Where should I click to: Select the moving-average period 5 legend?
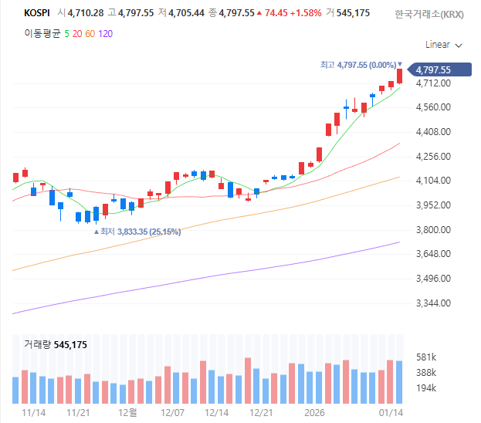(x=67, y=34)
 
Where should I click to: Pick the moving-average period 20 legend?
(x=77, y=34)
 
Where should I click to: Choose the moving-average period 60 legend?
(x=90, y=34)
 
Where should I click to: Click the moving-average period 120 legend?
(x=106, y=34)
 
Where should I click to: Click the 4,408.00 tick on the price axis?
(x=432, y=132)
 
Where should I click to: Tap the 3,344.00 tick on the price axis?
(x=432, y=303)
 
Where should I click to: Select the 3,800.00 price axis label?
(x=432, y=230)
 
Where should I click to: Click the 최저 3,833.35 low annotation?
(x=137, y=232)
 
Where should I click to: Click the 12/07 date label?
(x=171, y=413)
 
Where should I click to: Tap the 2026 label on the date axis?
(x=314, y=413)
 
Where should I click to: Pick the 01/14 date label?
(x=391, y=413)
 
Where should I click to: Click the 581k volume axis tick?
(x=426, y=357)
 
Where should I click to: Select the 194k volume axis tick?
(x=426, y=387)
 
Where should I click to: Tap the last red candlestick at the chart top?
(x=400, y=76)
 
